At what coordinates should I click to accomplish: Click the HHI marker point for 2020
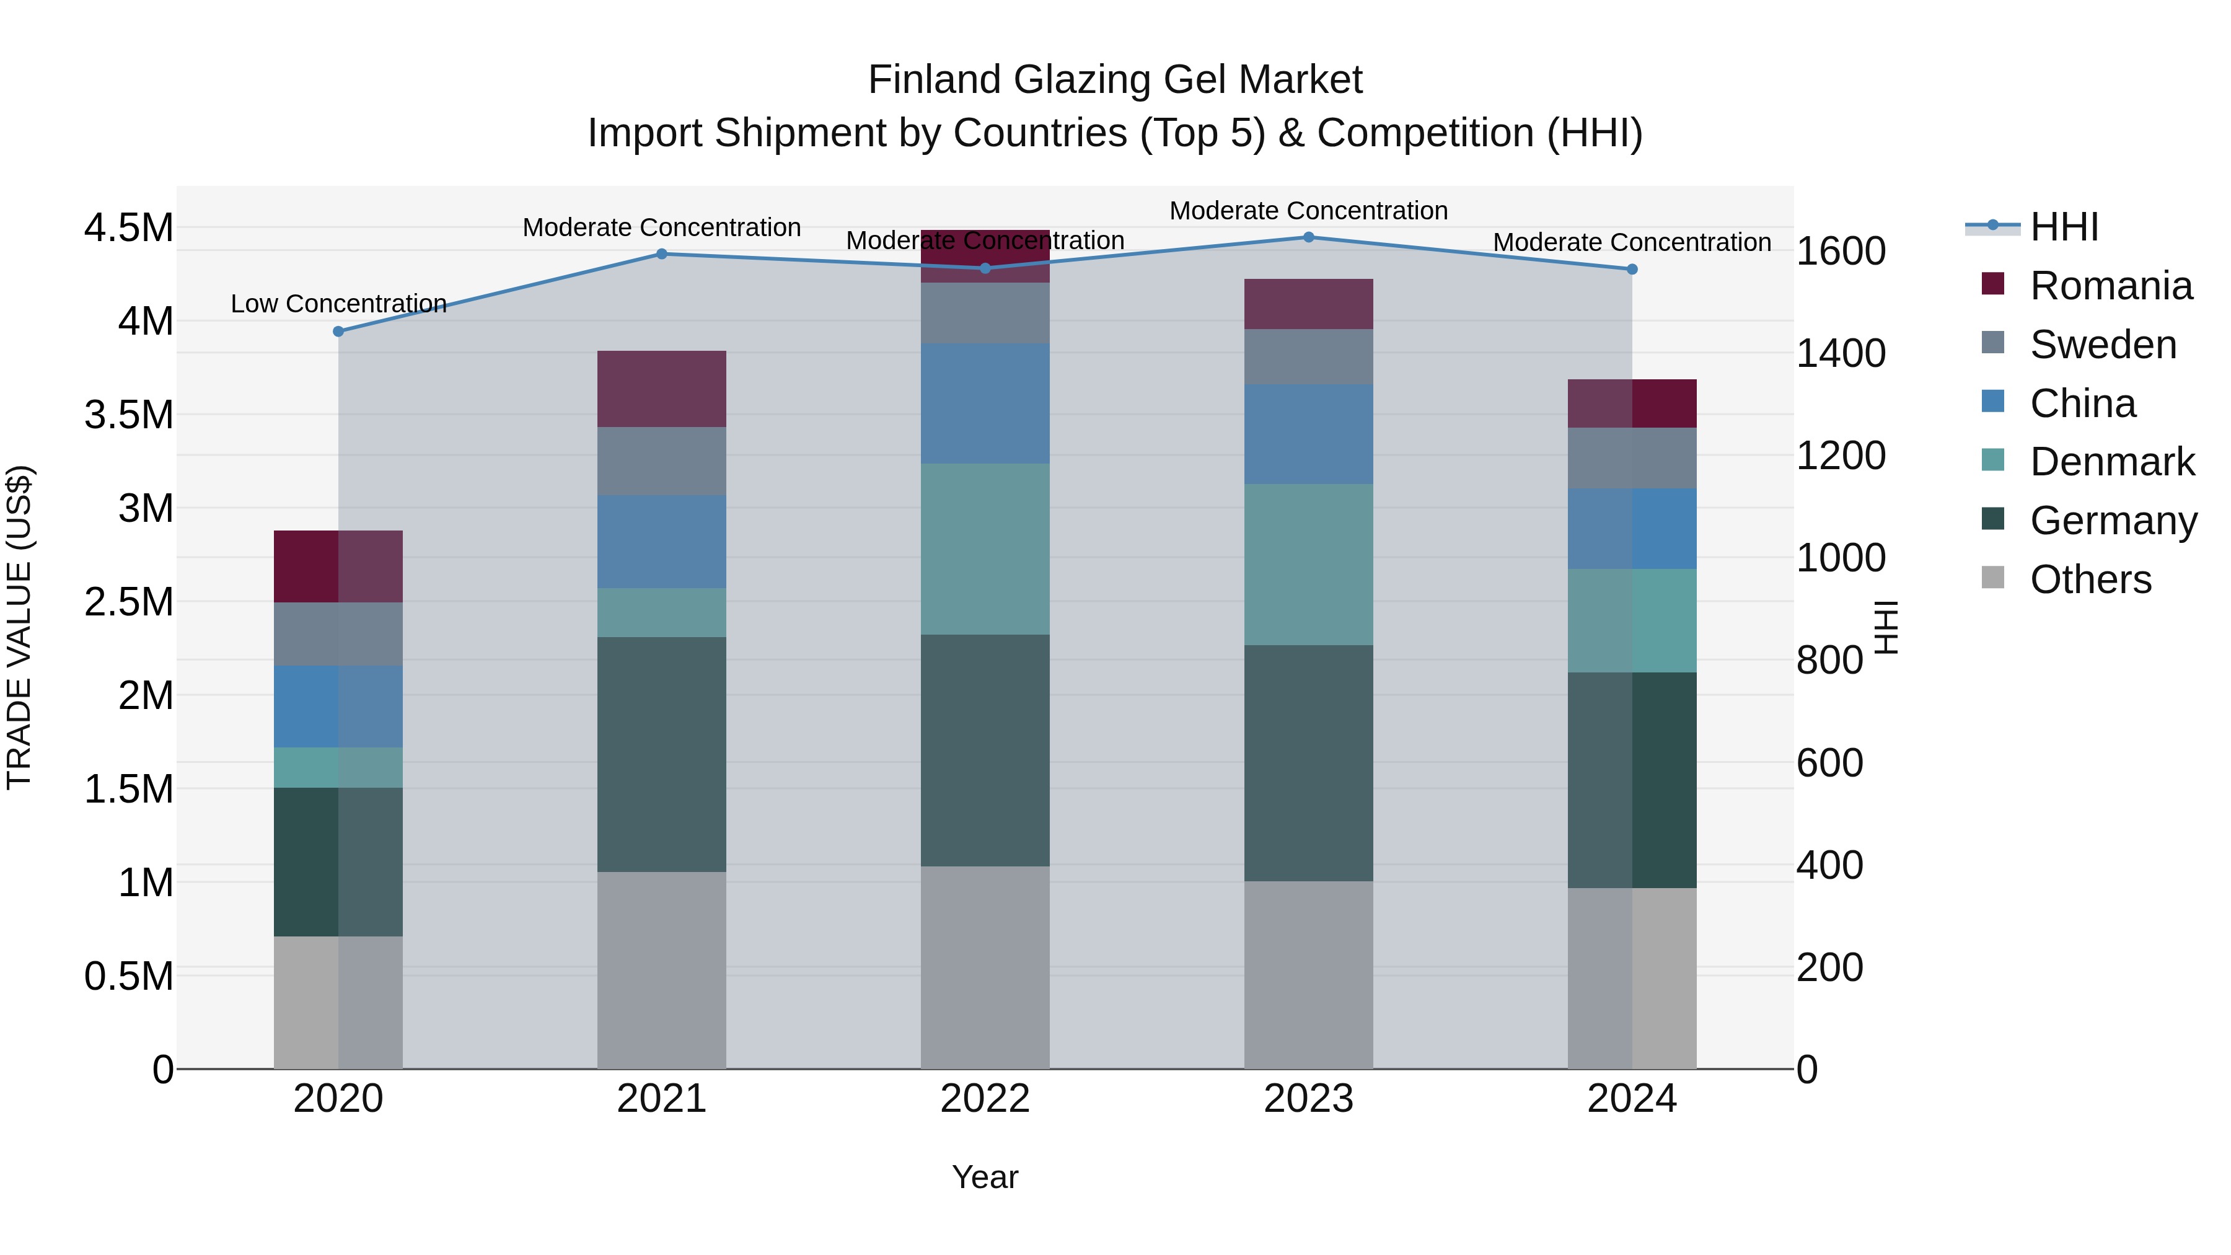[338, 331]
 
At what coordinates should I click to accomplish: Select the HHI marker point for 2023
[1309, 237]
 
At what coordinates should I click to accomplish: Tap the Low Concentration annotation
[338, 304]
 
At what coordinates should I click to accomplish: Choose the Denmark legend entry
[2111, 462]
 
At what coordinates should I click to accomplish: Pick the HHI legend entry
[2063, 227]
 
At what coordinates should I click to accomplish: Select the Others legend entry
[2090, 579]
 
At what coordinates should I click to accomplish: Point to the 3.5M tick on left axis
[128, 415]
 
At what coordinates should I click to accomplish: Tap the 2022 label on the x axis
[985, 1099]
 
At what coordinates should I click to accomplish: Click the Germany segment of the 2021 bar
[662, 754]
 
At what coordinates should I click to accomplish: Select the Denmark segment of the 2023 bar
[1309, 564]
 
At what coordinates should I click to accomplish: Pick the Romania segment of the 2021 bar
[662, 388]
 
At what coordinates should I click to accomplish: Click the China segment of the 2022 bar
[985, 403]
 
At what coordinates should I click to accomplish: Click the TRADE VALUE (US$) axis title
[19, 627]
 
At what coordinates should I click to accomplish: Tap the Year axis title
[985, 1177]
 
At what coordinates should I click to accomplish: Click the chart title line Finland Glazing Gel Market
[1115, 80]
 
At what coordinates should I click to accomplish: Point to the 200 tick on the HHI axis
[1829, 967]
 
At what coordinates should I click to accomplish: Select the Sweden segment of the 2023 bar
[1309, 357]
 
